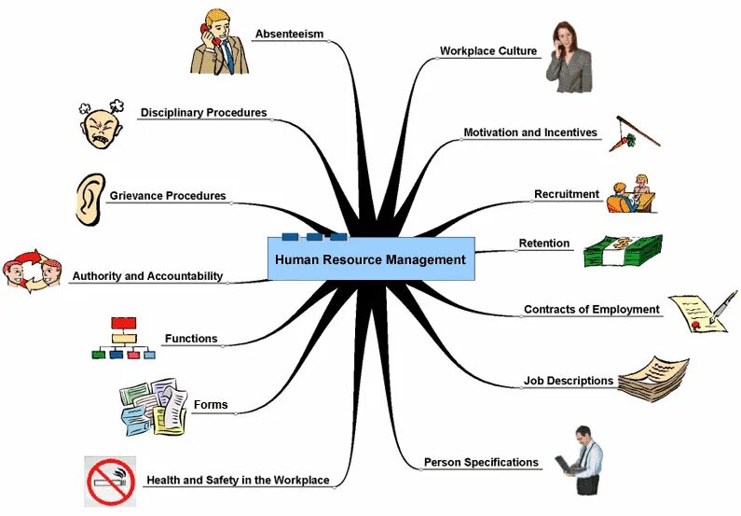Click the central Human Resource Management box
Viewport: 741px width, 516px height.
pos(371,259)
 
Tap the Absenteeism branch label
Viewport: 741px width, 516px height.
pos(289,35)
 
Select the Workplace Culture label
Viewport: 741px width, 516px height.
pos(488,51)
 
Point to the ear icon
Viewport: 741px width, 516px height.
pos(89,199)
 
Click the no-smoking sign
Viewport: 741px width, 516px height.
pos(110,481)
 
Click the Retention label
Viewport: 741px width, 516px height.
pos(544,244)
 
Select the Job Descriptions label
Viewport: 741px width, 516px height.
pos(569,381)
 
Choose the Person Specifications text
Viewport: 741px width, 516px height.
pos(481,462)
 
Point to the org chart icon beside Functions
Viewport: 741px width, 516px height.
pos(123,338)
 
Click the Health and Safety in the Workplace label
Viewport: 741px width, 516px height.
pos(238,481)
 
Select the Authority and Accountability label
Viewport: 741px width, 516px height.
pos(147,276)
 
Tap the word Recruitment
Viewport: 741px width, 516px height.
pos(567,194)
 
